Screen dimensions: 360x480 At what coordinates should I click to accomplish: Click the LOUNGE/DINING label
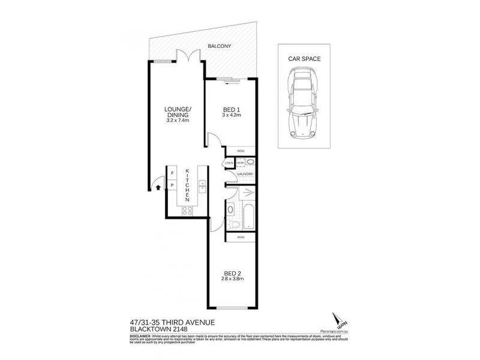pos(178,112)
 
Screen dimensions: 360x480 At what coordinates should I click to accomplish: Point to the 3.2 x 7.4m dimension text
pos(178,121)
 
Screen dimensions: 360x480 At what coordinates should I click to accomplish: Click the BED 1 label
pos(232,109)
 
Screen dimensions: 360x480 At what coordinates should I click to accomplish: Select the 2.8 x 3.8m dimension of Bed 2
pos(232,280)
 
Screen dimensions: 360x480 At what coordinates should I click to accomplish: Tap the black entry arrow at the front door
pos(157,187)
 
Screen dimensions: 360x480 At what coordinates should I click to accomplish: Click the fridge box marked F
pos(172,173)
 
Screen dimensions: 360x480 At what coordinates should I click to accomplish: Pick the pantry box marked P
pos(172,185)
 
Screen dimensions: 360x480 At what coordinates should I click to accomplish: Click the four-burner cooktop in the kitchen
pos(187,210)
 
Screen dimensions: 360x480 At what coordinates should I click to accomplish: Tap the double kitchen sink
pos(202,187)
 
